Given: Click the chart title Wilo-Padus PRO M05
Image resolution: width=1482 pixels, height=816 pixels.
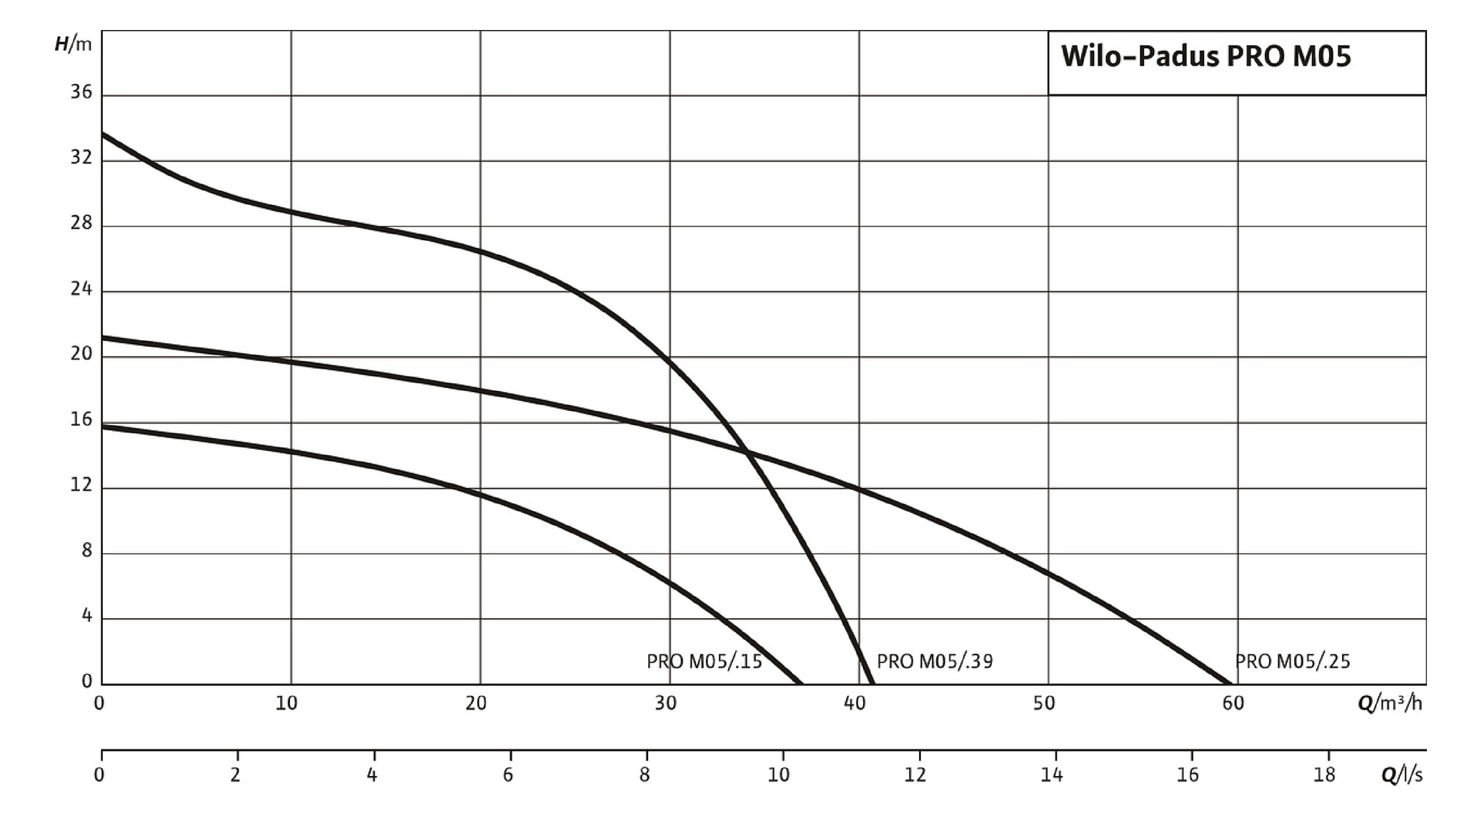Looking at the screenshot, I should pyautogui.click(x=1205, y=56).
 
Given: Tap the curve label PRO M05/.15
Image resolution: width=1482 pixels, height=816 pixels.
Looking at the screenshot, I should pyautogui.click(x=704, y=662).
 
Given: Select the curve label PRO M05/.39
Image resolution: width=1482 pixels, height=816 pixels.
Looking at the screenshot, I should pyautogui.click(x=935, y=662).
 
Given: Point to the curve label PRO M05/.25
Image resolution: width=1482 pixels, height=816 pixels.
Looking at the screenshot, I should pyautogui.click(x=1293, y=662).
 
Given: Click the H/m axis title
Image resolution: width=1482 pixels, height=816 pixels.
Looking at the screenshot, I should pyautogui.click(x=74, y=44).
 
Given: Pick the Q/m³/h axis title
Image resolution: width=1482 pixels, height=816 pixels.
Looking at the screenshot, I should pyautogui.click(x=1389, y=704).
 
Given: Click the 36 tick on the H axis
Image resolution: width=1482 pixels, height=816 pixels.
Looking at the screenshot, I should pyautogui.click(x=81, y=92).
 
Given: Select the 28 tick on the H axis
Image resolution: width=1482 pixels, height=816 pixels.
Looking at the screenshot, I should pyautogui.click(x=81, y=223).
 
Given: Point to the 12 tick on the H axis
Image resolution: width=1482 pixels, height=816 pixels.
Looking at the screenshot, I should pyautogui.click(x=81, y=485).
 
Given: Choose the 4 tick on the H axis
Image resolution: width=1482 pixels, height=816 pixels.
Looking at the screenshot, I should pyautogui.click(x=87, y=616).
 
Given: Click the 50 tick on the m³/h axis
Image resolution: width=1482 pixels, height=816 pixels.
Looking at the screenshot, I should pyautogui.click(x=1044, y=704).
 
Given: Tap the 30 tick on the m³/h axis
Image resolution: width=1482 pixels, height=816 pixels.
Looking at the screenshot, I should pyautogui.click(x=665, y=704).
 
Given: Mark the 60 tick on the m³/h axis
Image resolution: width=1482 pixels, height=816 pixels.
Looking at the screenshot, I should pyautogui.click(x=1233, y=704).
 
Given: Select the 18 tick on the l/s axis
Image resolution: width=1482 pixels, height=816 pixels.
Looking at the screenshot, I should pyautogui.click(x=1324, y=775).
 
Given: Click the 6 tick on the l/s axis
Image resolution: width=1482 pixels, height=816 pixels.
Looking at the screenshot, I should pyautogui.click(x=508, y=775).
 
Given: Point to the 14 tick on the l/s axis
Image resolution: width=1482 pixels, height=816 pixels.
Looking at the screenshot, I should pyautogui.click(x=1052, y=775).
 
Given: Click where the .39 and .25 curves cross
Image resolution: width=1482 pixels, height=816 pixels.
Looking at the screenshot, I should pyautogui.click(x=747, y=452).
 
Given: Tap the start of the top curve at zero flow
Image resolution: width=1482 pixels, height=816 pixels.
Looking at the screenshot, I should pyautogui.click(x=102, y=133).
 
